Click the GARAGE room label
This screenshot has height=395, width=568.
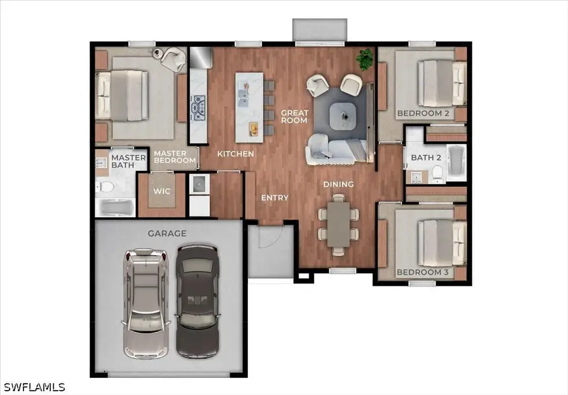(167, 233)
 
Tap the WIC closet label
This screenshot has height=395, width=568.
(162, 191)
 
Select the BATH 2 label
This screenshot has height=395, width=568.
(426, 158)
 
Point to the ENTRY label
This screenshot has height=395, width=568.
(275, 197)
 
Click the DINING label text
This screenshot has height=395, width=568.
(338, 184)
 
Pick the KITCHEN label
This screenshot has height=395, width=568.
(235, 154)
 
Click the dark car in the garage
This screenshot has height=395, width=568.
(198, 301)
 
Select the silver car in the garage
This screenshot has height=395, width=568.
(146, 304)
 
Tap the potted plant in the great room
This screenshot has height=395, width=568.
(365, 59)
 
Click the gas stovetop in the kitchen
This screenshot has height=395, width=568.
(198, 107)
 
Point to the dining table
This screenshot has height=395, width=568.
(338, 225)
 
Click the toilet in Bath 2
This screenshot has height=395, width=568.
(438, 174)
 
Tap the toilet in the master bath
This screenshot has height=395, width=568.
(105, 187)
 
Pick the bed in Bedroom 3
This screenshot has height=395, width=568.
(442, 243)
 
